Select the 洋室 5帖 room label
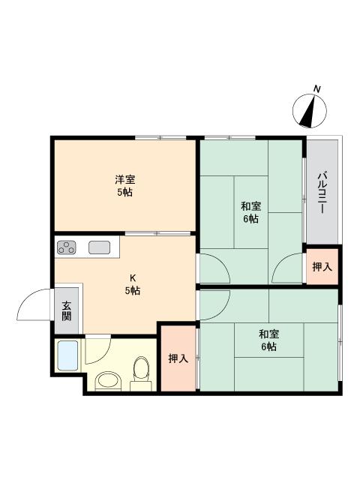[124, 185]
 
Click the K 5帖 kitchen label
[132, 284]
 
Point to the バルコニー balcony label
[322, 193]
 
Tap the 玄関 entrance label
[67, 310]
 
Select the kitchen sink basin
[100, 247]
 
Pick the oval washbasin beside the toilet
[106, 381]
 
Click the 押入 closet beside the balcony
[322, 267]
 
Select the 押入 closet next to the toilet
[177, 358]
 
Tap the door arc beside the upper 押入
[289, 268]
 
